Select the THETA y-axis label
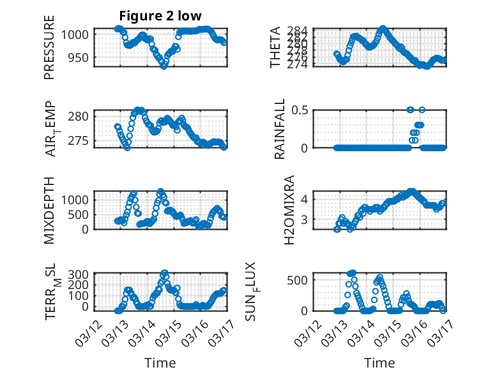[275, 47]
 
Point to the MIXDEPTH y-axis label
[49, 210]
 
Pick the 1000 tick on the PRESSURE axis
[78, 34]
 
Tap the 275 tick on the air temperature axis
[82, 140]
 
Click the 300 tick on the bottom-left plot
[82, 274]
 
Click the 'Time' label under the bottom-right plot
[380, 362]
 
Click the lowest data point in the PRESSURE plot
[164, 66]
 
